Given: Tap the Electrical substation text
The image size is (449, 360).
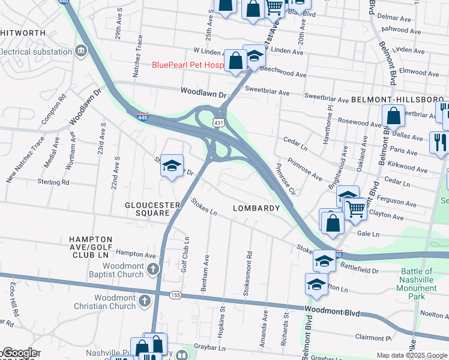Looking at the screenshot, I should pos(36,52).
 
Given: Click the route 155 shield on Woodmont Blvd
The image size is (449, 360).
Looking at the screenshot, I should pos(175,295).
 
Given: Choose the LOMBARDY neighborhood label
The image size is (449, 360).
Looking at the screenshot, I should pos(256,208).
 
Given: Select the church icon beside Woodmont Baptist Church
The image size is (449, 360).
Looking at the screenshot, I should pos(152,269).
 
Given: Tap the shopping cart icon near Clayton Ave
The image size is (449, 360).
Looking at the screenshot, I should pos(356,208).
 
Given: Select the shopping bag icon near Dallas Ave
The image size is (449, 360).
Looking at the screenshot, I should pos(394,116).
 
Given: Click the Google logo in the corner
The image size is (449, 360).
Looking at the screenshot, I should pos(19,353).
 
